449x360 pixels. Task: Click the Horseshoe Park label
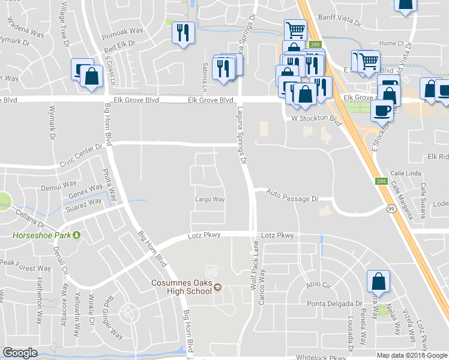point(41,235)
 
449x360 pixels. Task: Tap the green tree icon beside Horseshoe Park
point(76,235)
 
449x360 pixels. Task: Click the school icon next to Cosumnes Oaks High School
point(217,286)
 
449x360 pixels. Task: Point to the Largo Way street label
point(210,199)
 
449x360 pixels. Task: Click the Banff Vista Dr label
point(339,17)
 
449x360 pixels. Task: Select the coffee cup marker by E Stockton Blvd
point(382,110)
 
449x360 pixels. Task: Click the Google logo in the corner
point(20,353)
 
